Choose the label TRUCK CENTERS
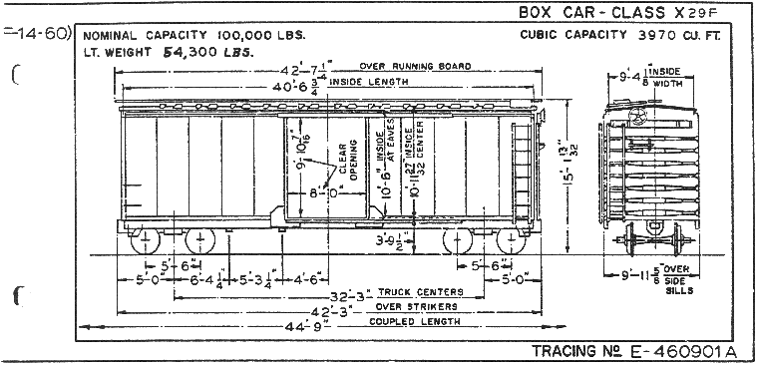[x=424, y=291]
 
